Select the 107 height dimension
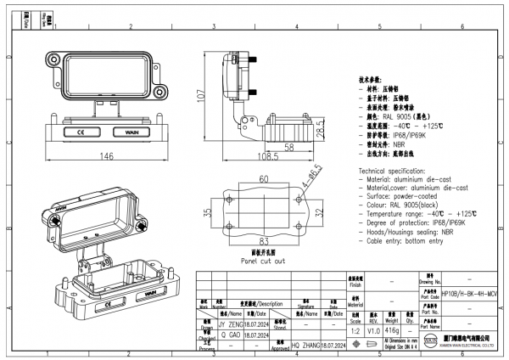point(201,95)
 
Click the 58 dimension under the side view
point(288,148)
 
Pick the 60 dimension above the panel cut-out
point(264,179)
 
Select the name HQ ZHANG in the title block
point(307,346)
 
